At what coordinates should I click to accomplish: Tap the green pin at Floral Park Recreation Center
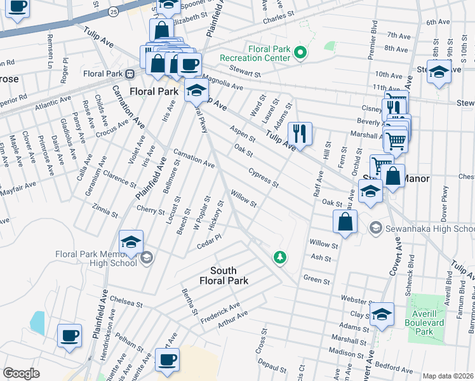tap(302, 53)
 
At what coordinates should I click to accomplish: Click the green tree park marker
tap(278, 257)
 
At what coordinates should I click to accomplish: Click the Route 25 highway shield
tap(113, 12)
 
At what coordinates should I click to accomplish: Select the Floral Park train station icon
tap(130, 74)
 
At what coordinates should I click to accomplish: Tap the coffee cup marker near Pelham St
tap(69, 335)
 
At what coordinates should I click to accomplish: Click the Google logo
tap(21, 373)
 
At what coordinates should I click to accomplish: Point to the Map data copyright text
tap(448, 376)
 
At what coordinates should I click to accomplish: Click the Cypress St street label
tap(264, 178)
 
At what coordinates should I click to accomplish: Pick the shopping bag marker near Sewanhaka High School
tap(345, 222)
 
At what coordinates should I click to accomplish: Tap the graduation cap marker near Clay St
tap(382, 314)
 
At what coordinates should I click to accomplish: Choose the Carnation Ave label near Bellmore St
tap(195, 159)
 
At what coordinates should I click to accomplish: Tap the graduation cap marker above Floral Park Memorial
tap(131, 242)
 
